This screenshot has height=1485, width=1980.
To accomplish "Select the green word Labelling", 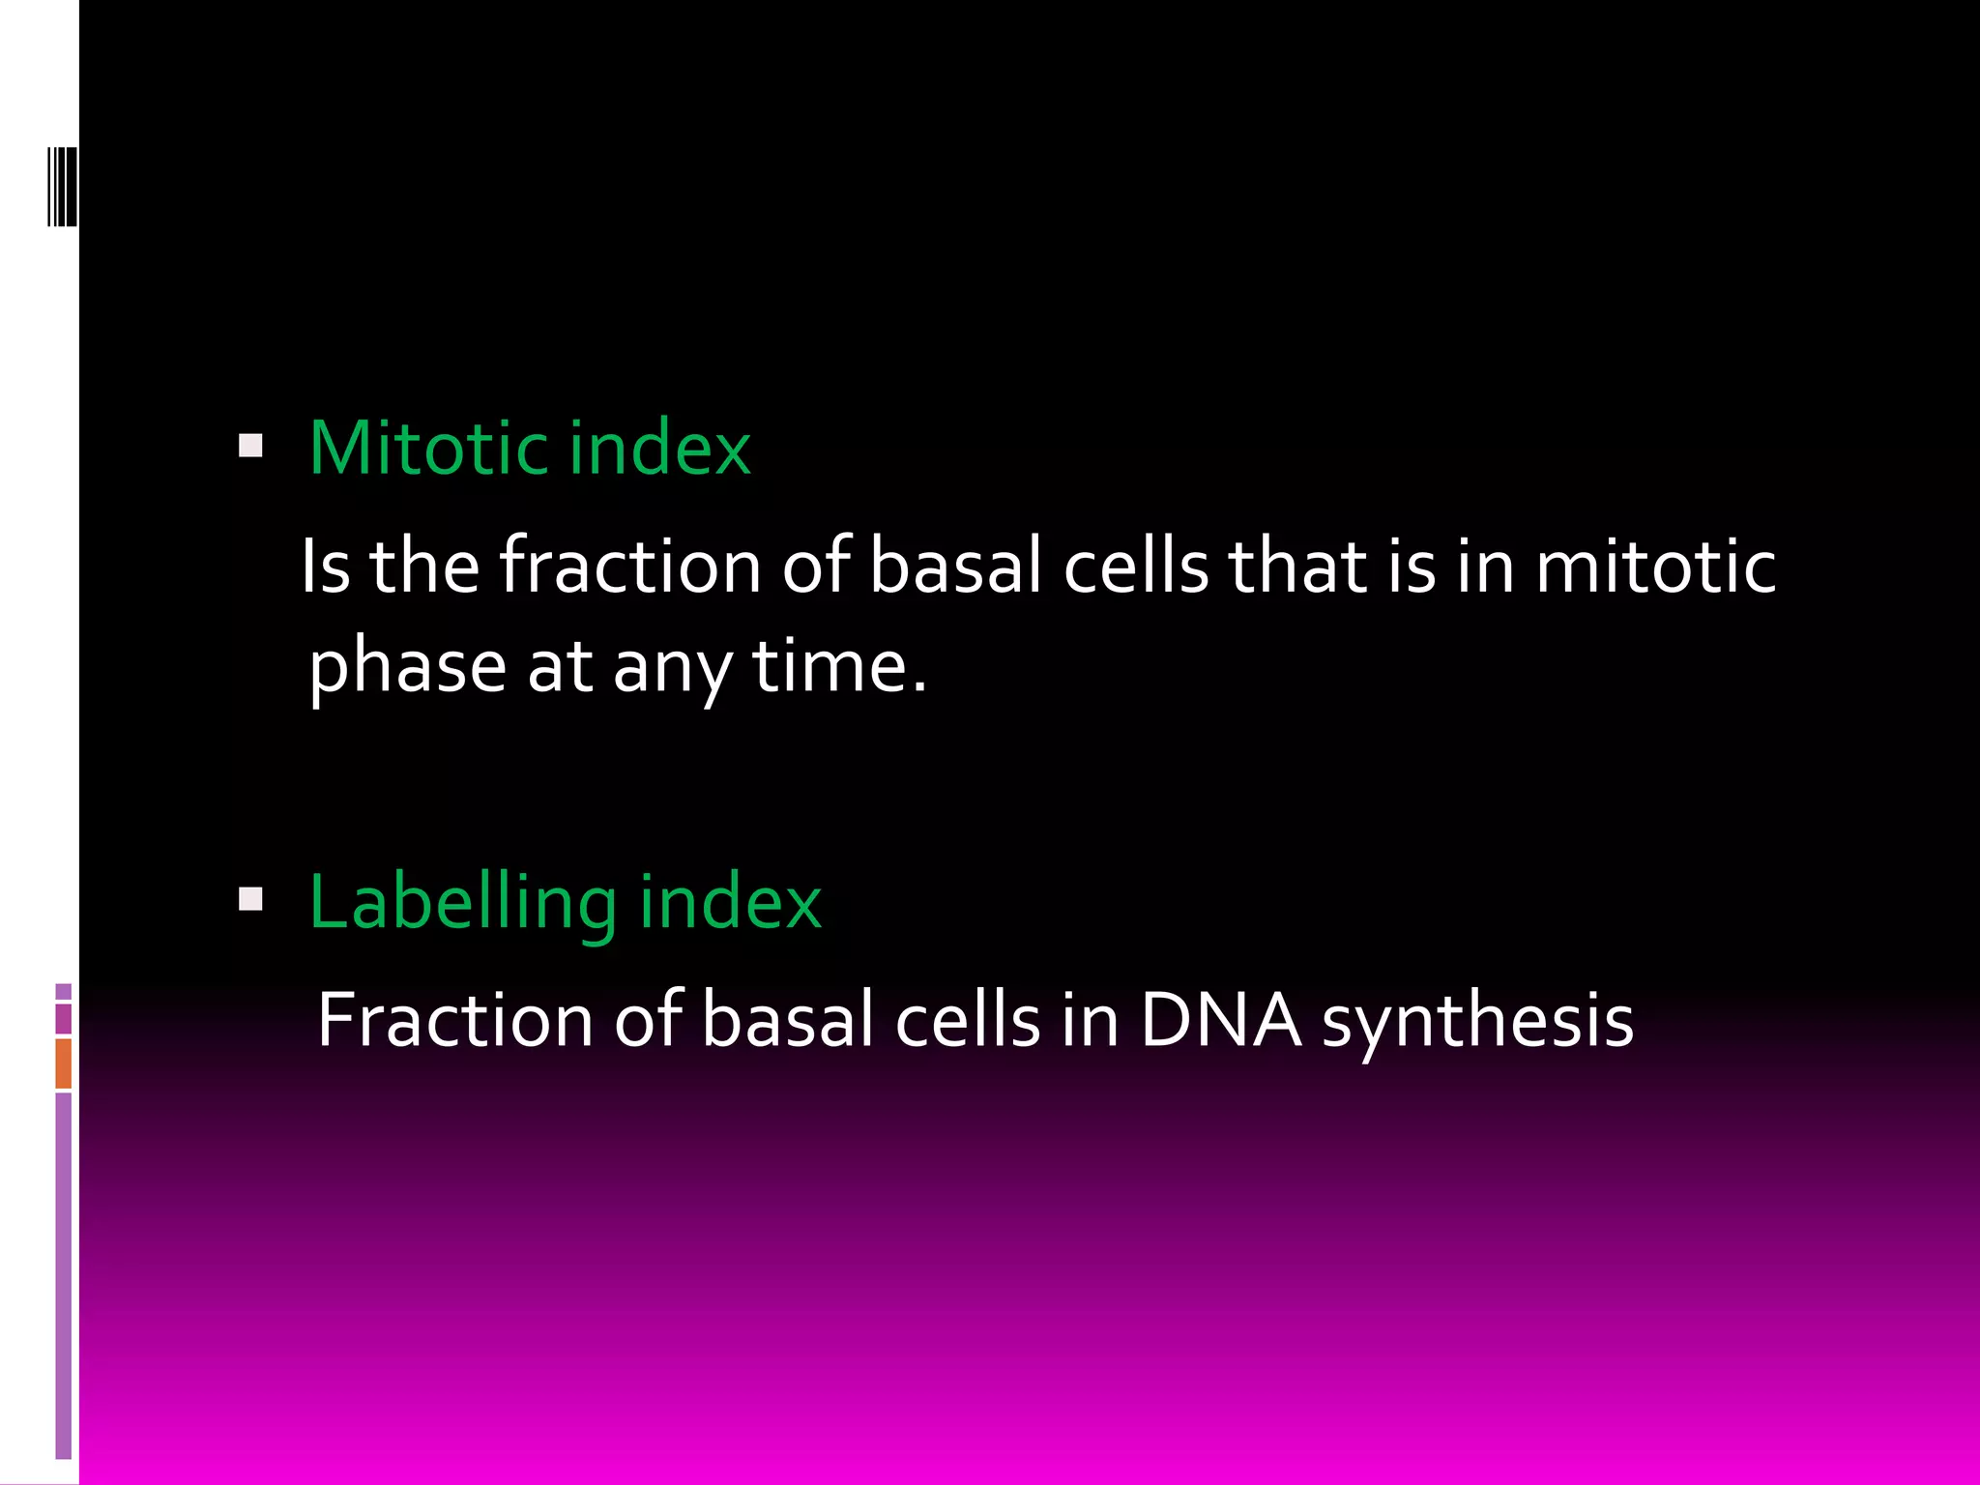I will pos(462,902).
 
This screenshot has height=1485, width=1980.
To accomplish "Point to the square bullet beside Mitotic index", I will pos(250,446).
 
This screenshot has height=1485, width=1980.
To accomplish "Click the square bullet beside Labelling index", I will pos(250,900).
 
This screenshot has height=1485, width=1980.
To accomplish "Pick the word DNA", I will pos(1220,1020).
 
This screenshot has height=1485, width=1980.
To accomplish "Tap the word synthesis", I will pos(1477,1023).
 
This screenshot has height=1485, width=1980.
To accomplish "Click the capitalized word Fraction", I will pos(454,1020).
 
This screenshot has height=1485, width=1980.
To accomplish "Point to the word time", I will pos(839,667).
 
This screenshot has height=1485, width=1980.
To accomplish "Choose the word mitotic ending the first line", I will pos(1655,566).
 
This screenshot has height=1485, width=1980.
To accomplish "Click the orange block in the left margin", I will pos(64,1063).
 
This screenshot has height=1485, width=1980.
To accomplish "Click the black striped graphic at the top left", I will pos(63,186).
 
